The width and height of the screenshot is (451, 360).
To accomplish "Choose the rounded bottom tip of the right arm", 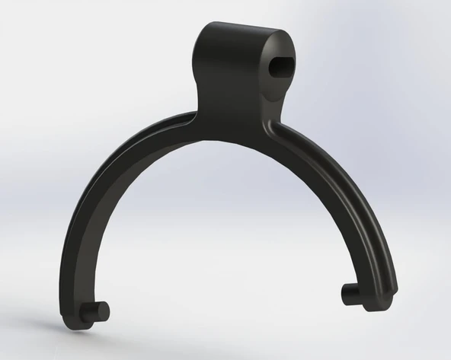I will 381,303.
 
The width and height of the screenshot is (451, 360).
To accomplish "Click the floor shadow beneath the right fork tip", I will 373,314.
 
